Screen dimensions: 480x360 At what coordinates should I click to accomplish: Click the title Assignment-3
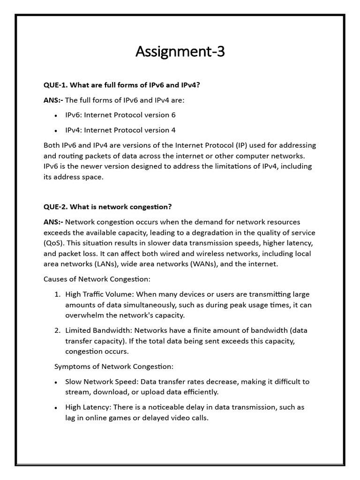180,52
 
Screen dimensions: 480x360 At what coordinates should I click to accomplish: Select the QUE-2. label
56,207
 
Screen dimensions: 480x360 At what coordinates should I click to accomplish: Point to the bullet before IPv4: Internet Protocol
56,131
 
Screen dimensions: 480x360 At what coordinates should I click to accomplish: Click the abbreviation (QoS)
54,243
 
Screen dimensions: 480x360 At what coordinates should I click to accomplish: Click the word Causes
56,279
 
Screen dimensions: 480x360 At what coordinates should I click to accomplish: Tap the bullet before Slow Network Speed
56,382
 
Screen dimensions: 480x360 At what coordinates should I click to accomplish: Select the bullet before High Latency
56,408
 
